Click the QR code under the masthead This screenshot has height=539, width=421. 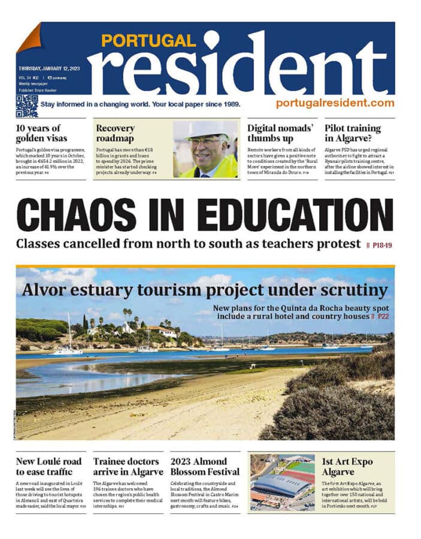pos(26,106)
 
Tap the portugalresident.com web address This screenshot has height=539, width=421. pos(335,103)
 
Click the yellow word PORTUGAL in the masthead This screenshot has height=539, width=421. pos(149,41)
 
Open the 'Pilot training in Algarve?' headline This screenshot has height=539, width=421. pos(353,133)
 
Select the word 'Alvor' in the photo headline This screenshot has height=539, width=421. pos(47,290)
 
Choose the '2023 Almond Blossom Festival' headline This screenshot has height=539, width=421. pos(200,467)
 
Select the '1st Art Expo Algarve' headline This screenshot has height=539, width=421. pos(347,467)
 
